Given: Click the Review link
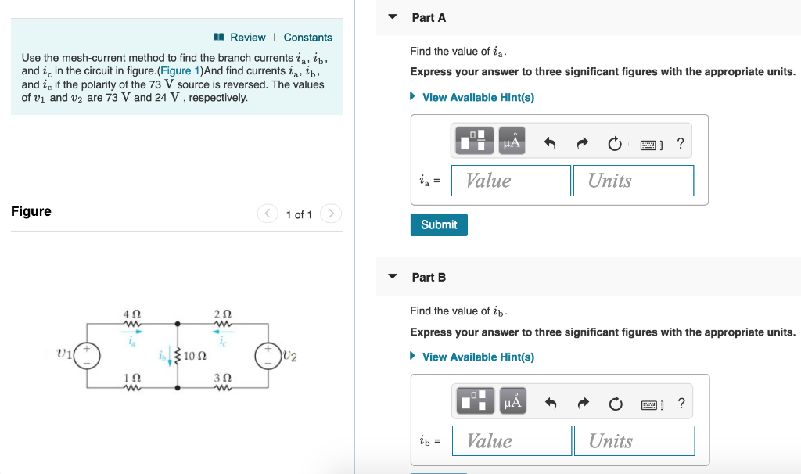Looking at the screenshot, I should [x=247, y=38].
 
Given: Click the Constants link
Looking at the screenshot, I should [x=307, y=38].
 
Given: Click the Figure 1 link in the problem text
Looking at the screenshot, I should [x=180, y=71].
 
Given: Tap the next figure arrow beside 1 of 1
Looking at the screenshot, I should [x=331, y=214].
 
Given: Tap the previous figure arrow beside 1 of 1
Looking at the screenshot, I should [x=268, y=214].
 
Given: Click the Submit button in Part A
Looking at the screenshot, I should [x=439, y=224].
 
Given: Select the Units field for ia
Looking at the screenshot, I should [x=633, y=181].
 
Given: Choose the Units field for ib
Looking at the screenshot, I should [x=634, y=441].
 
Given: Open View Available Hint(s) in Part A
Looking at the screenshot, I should [x=478, y=97].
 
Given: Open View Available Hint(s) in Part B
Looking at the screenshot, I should [x=478, y=357].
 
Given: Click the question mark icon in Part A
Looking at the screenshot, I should [x=681, y=143].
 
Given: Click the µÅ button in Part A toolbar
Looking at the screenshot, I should [x=512, y=142].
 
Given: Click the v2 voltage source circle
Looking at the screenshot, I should [x=268, y=355].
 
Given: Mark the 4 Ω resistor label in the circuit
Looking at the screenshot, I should [x=131, y=314].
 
